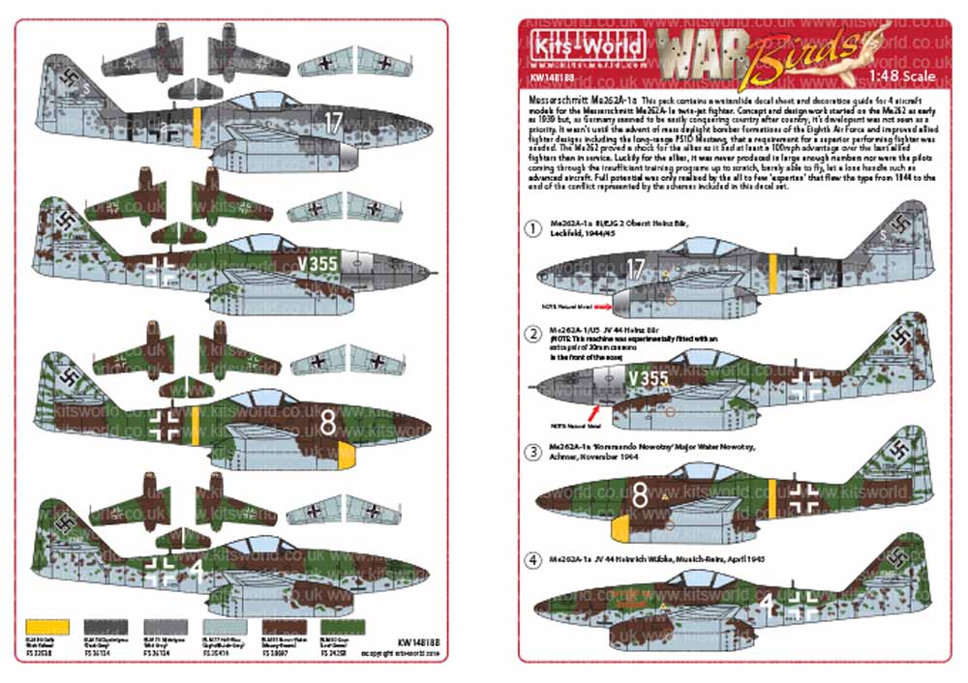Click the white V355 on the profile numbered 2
coord(648,375)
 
